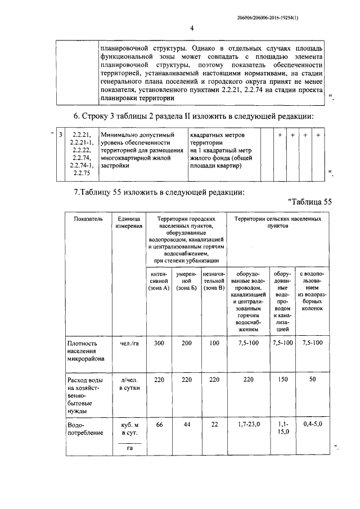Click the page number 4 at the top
click(x=191, y=29)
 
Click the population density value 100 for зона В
click(x=214, y=343)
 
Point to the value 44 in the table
click(x=186, y=425)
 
